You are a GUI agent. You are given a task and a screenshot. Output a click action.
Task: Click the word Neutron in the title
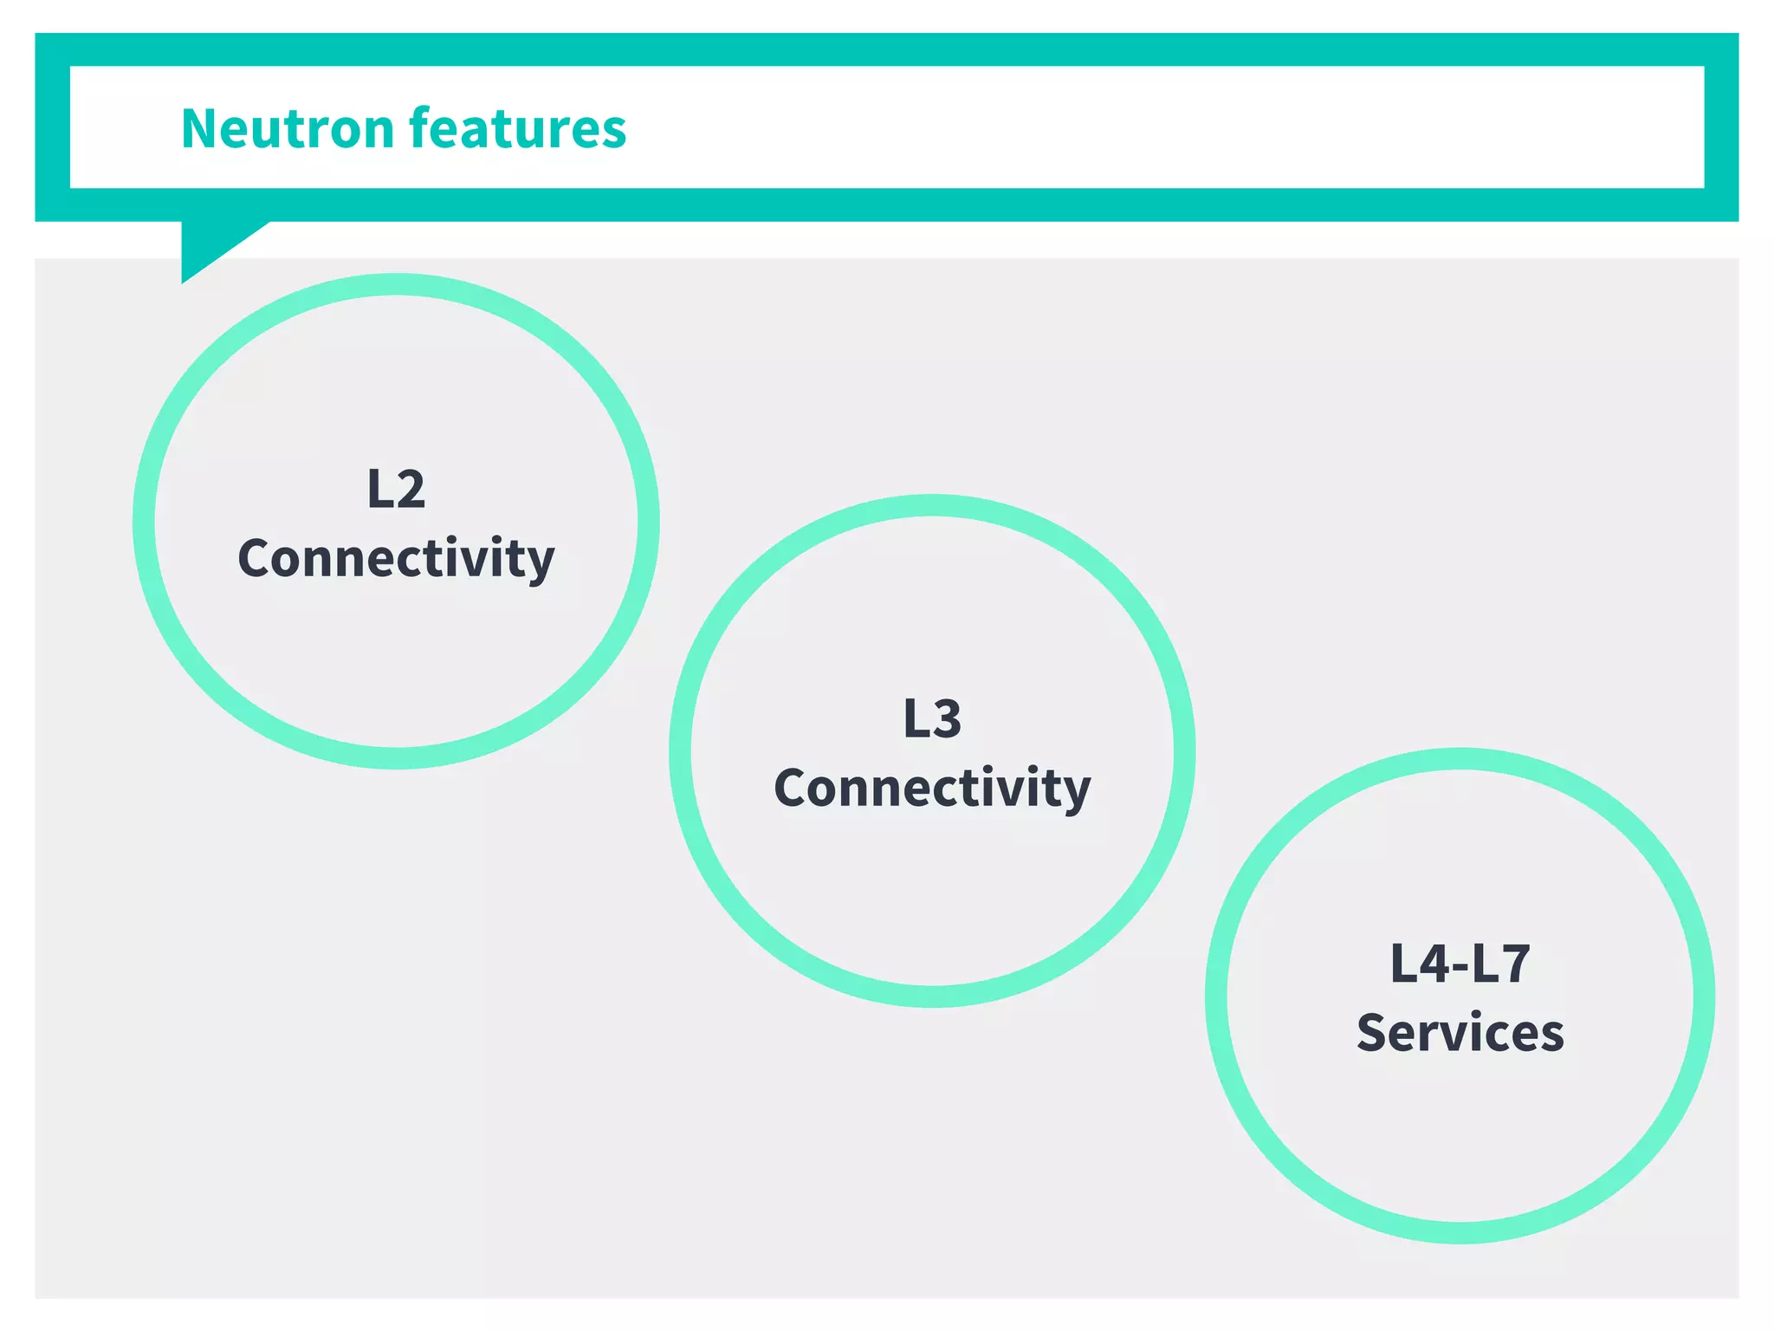click(x=288, y=128)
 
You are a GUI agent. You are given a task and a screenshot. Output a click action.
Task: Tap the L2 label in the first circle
click(x=396, y=489)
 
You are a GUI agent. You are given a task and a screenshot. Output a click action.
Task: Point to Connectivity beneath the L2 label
click(x=396, y=558)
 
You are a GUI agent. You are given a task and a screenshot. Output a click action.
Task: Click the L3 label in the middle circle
click(x=932, y=718)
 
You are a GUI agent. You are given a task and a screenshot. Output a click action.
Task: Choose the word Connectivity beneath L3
click(x=932, y=788)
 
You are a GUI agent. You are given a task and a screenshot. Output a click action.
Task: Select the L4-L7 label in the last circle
click(x=1460, y=964)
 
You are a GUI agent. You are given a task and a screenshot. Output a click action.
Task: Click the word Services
click(x=1460, y=1033)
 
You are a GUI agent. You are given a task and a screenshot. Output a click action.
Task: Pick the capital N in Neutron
click(x=201, y=129)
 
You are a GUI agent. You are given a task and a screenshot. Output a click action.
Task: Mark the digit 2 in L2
click(x=410, y=490)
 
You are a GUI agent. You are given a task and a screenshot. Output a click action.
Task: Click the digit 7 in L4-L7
click(x=1515, y=964)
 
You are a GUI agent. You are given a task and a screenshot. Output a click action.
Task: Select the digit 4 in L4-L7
click(x=1434, y=964)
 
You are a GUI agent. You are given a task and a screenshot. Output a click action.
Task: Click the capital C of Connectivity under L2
click(x=256, y=558)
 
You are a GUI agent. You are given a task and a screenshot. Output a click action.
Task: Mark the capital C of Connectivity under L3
click(x=792, y=788)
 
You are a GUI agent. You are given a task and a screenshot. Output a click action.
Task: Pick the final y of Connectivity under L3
click(x=1077, y=792)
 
